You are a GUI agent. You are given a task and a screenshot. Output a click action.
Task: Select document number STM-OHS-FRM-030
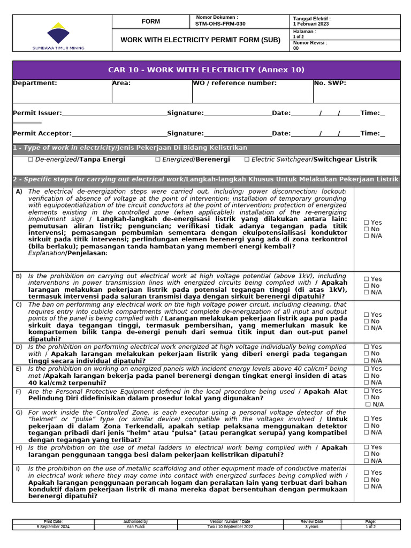[221, 24]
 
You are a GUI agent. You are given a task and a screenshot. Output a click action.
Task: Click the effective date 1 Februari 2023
[311, 24]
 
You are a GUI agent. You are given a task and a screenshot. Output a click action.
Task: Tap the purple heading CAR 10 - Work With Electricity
[206, 70]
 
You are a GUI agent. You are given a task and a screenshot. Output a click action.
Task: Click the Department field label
[35, 83]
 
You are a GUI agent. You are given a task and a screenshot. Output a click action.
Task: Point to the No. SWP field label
[330, 83]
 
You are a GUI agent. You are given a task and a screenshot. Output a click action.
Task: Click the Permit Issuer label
[37, 113]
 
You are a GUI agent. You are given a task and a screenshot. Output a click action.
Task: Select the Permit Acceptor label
[42, 133]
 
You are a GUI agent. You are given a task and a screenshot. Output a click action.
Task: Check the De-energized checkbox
[31, 159]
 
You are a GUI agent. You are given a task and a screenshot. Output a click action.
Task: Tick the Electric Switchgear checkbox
[247, 159]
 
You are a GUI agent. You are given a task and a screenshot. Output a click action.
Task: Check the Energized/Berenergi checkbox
[158, 159]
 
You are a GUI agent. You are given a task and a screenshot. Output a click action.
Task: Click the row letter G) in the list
[19, 413]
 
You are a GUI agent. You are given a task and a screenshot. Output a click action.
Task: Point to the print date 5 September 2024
[53, 527]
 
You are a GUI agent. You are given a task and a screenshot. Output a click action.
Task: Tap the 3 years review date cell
[311, 527]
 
